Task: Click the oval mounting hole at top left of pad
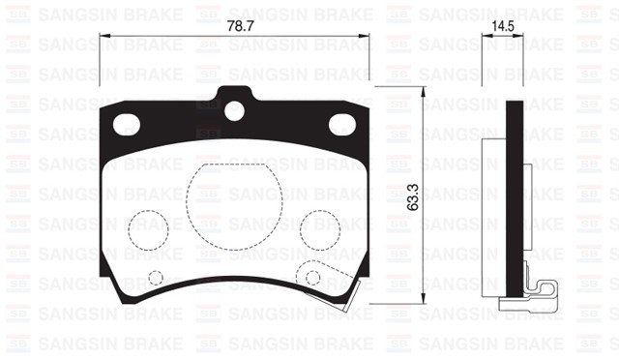tap(127, 124)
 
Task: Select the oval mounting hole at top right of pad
tap(342, 124)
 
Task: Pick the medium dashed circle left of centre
tap(147, 229)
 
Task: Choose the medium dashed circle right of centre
tap(319, 229)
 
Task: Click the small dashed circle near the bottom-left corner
tap(156, 279)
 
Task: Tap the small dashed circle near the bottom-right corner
tap(312, 278)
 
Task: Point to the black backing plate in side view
tap(516, 194)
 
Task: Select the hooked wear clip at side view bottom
tap(540, 294)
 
